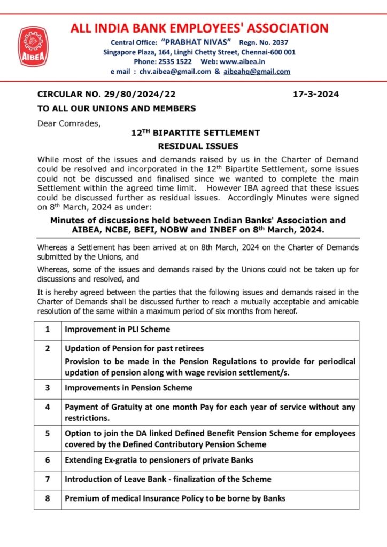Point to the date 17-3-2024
[316, 95]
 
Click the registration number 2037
[285, 42]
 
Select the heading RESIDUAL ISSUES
[198, 145]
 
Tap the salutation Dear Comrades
[68, 123]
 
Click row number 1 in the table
[48, 330]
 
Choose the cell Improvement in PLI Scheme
[117, 330]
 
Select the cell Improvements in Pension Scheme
[128, 388]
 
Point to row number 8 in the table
[48, 499]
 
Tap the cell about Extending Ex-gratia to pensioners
[159, 460]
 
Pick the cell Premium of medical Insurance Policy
[175, 499]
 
